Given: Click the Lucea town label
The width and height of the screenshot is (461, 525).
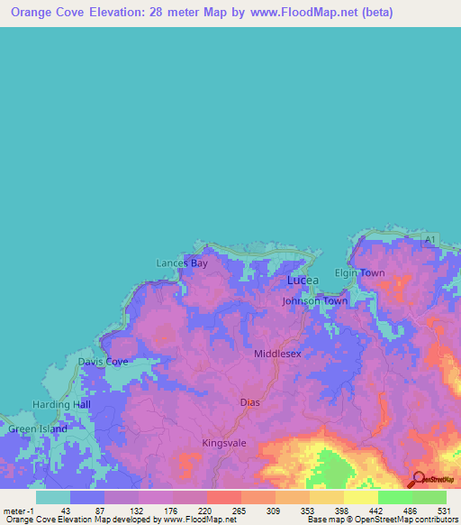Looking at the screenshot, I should (303, 281).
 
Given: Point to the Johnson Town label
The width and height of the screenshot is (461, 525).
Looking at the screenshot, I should (314, 301).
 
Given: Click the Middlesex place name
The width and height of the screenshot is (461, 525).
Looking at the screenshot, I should (277, 355).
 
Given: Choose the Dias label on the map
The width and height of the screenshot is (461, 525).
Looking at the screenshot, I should (249, 402).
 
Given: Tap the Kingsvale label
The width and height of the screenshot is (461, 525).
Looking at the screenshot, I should (224, 443).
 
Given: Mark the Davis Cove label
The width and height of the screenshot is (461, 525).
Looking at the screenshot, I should (103, 362).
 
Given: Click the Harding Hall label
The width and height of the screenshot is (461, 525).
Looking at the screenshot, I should (62, 404).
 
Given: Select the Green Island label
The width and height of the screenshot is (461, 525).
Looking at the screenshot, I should (38, 429).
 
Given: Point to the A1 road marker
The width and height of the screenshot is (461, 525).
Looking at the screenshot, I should (431, 239).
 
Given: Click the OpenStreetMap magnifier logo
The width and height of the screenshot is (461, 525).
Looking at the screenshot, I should (417, 479).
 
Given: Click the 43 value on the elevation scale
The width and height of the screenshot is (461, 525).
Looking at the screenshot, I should (65, 511).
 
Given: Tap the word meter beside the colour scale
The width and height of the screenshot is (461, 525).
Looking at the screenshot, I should (14, 511).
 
